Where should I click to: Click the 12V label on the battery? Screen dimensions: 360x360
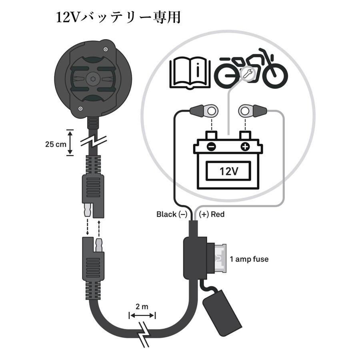[229, 172]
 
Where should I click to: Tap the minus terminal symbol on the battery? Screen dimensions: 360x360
[212, 147]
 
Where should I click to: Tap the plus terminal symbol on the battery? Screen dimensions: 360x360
[245, 147]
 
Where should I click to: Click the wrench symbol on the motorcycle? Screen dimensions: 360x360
[246, 73]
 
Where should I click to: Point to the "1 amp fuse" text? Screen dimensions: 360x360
[249, 259]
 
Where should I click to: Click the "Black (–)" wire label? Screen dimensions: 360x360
[172, 214]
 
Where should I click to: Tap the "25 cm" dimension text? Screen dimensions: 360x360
[55, 144]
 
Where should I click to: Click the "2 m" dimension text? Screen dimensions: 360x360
[142, 307]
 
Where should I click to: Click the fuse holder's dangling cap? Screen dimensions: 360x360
[222, 312]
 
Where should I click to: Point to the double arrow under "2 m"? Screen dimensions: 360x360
[142, 316]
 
